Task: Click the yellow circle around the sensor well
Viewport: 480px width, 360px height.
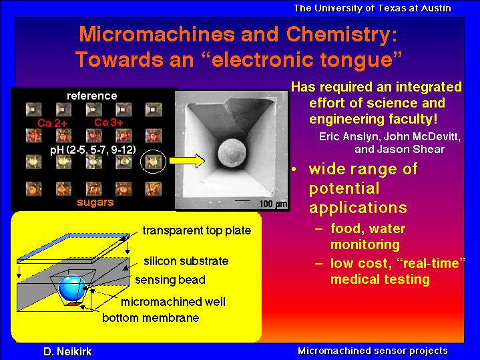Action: tap(140, 162)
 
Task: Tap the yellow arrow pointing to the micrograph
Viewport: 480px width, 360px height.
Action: tap(187, 161)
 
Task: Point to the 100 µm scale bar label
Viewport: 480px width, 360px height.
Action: tap(273, 204)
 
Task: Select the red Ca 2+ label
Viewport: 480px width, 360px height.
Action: tap(52, 123)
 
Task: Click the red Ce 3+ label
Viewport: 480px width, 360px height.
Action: tap(109, 122)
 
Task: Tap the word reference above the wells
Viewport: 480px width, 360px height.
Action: tap(92, 96)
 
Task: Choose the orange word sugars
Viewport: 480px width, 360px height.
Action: tap(95, 202)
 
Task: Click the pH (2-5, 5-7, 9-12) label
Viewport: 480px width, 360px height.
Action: tap(93, 150)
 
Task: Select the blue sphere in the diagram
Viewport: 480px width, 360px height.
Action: tap(71, 287)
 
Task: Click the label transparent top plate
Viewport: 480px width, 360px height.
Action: tap(197, 230)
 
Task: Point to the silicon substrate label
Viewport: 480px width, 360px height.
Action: tap(186, 261)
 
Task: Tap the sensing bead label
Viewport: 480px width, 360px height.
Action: tap(170, 280)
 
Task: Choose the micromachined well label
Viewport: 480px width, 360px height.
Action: tap(174, 302)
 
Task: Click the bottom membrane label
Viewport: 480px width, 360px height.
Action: tap(151, 318)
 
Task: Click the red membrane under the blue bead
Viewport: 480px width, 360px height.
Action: tap(73, 304)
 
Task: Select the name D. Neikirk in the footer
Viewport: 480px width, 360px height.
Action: tap(67, 352)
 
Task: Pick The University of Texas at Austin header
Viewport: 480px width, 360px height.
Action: tap(373, 8)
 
